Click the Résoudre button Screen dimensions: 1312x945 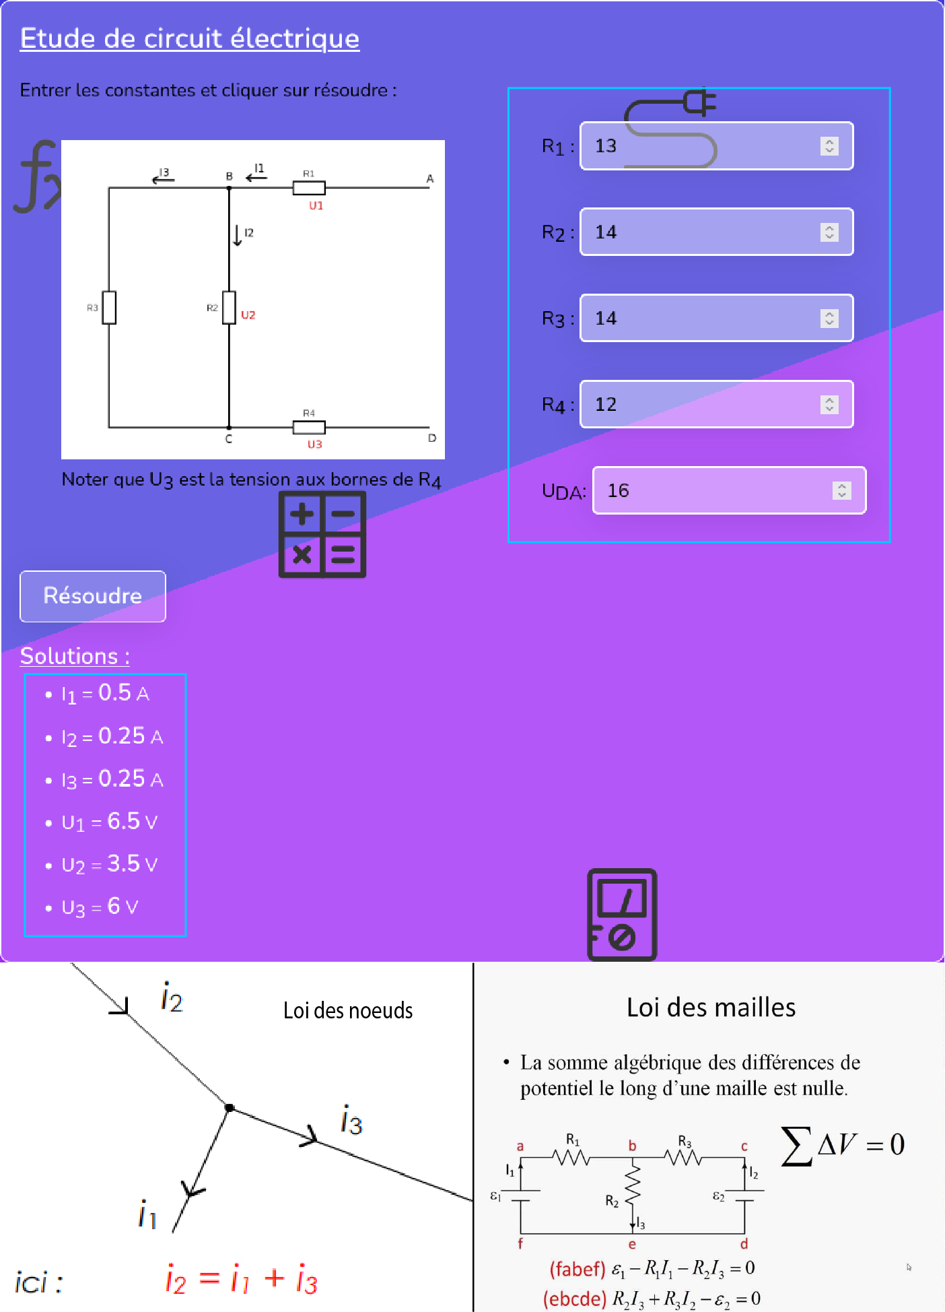pos(93,596)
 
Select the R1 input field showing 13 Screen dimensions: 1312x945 pos(700,146)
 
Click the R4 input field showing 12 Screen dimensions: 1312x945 pos(700,404)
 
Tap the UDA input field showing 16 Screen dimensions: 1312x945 pos(713,490)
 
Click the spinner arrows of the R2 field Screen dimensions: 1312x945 pos(829,232)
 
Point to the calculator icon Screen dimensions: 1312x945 pos(322,535)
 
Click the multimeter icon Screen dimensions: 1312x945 pos(622,914)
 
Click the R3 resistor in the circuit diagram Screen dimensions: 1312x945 pos(109,308)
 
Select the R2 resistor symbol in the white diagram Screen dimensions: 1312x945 pos(230,308)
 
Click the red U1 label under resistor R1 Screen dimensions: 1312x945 pos(316,205)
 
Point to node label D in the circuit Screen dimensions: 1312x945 pos(432,438)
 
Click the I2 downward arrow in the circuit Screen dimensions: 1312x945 pos(238,235)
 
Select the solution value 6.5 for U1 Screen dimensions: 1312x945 pos(123,821)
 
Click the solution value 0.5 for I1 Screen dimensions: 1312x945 pos(114,692)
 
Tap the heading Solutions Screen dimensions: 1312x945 pos(75,656)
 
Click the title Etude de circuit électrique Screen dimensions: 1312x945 pos(190,38)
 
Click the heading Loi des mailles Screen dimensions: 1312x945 pos(711,1008)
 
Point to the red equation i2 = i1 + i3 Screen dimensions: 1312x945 pos(242,1279)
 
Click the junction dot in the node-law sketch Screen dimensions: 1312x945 pos(230,1107)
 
